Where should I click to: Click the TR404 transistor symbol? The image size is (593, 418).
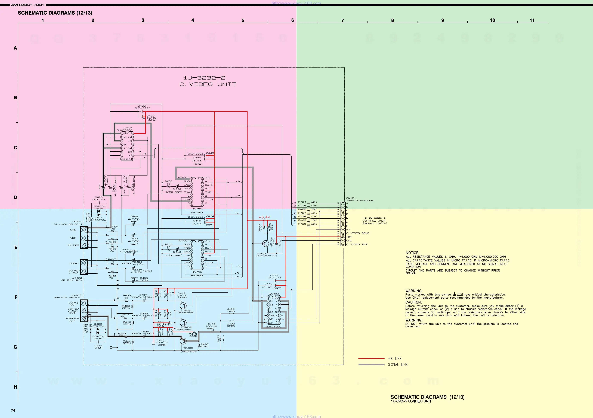[x=265, y=243]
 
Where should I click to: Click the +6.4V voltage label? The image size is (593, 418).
[x=264, y=217]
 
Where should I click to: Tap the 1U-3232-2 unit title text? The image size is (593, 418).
[x=204, y=78]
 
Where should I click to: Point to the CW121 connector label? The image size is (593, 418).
[x=351, y=198]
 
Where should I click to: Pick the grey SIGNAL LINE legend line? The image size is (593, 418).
[x=371, y=365]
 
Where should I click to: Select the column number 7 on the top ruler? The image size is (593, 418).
[x=342, y=20]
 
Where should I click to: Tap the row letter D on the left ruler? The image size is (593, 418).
[x=16, y=197]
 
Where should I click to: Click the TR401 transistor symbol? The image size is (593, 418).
[x=183, y=306]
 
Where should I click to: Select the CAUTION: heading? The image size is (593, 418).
[x=413, y=302]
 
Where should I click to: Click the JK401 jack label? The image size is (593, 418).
[x=77, y=222]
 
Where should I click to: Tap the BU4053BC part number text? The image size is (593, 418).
[x=273, y=327]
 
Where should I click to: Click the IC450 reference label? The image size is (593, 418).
[x=197, y=209]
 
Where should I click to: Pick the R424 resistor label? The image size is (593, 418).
[x=302, y=202]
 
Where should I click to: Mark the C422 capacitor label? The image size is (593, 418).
[x=141, y=106]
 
